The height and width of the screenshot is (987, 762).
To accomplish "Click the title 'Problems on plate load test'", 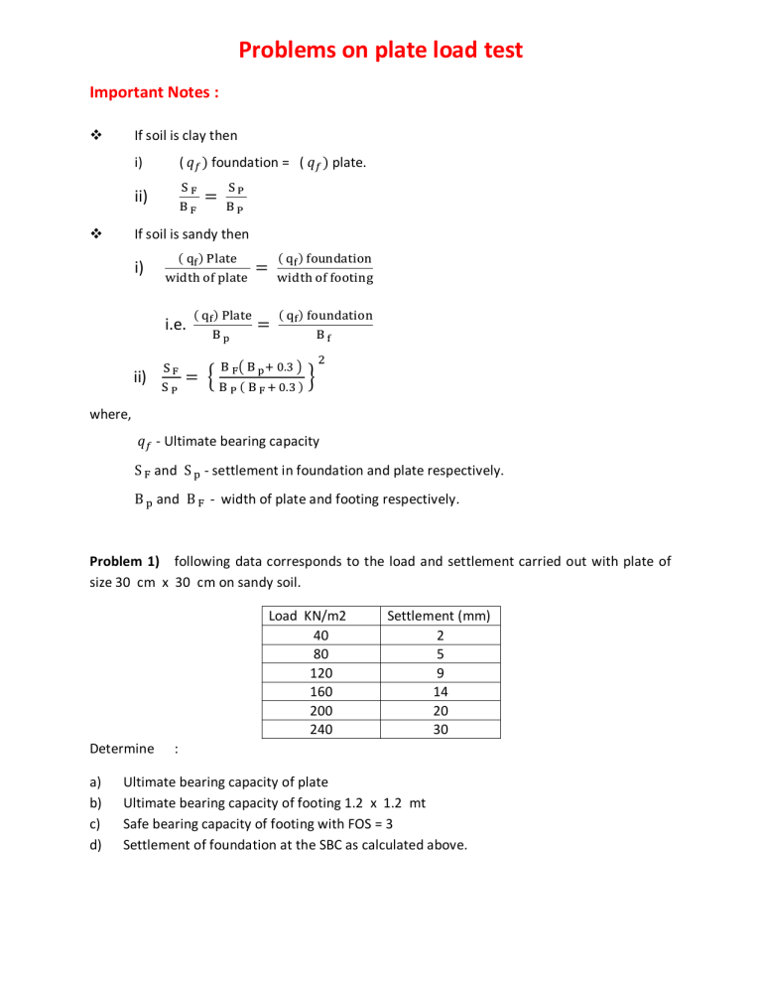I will [381, 51].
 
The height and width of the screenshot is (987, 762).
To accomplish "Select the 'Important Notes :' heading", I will [154, 92].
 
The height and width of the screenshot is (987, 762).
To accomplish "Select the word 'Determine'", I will [121, 748].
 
